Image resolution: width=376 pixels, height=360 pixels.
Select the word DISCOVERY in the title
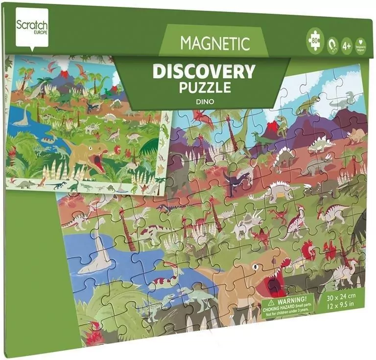(204, 71)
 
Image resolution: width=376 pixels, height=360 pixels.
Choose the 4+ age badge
(346, 45)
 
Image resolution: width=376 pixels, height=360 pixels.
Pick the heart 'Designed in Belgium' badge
(360, 45)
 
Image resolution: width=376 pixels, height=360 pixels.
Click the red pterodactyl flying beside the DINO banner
(202, 118)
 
